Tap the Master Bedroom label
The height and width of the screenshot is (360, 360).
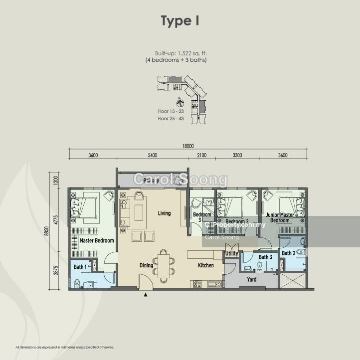pyautogui.click(x=97, y=241)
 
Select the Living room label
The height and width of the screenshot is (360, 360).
pyautogui.click(x=164, y=213)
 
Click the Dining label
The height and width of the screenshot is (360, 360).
pyautogui.click(x=146, y=266)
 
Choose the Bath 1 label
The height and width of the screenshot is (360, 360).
pyautogui.click(x=80, y=267)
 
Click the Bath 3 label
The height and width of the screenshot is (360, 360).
pyautogui.click(x=265, y=257)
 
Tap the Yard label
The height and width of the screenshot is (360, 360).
pyautogui.click(x=252, y=280)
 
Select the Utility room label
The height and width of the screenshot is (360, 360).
pyautogui.click(x=232, y=254)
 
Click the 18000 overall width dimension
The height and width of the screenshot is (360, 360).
pyautogui.click(x=188, y=146)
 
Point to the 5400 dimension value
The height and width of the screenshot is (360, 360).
pyautogui.click(x=152, y=156)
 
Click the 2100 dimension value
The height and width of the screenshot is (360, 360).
pyautogui.click(x=201, y=156)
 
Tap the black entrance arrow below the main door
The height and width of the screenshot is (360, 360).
pyautogui.click(x=146, y=295)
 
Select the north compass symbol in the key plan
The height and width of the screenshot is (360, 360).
pyautogui.click(x=180, y=104)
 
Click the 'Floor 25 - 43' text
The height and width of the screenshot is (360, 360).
pyautogui.click(x=171, y=119)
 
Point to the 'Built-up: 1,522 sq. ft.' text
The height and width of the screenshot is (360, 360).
pyautogui.click(x=180, y=53)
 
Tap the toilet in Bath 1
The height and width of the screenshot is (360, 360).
pyautogui.click(x=76, y=284)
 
